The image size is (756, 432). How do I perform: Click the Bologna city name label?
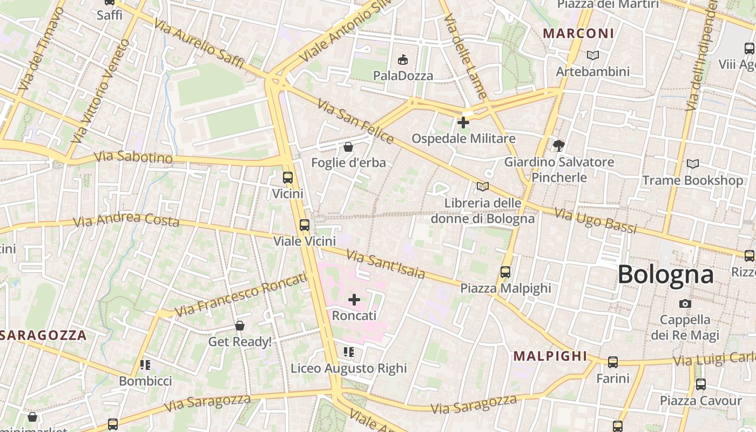(665, 274)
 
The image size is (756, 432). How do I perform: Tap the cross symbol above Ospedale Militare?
(463, 123)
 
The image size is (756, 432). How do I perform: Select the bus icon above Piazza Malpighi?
(505, 272)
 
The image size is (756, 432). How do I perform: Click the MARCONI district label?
(578, 33)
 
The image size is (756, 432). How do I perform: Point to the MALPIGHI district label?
(550, 356)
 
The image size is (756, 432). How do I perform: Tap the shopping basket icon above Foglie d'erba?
(348, 146)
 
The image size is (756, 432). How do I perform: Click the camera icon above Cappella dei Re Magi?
(685, 303)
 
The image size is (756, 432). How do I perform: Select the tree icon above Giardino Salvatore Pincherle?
(559, 145)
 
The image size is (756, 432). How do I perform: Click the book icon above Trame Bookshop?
(692, 164)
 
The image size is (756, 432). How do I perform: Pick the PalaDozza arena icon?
(403, 59)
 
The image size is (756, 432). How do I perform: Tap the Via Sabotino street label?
(133, 157)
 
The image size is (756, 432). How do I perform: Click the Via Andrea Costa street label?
(126, 220)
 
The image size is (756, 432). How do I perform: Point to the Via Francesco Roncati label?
(241, 295)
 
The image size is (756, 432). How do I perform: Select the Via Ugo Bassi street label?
(596, 221)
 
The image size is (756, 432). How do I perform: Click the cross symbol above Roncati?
(354, 299)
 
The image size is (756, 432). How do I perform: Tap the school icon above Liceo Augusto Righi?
(349, 352)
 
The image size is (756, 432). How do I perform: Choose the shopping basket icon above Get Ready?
(240, 326)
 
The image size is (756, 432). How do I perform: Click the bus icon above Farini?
(613, 362)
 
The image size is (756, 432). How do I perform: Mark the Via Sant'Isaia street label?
(385, 264)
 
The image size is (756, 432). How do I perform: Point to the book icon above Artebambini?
(593, 55)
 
